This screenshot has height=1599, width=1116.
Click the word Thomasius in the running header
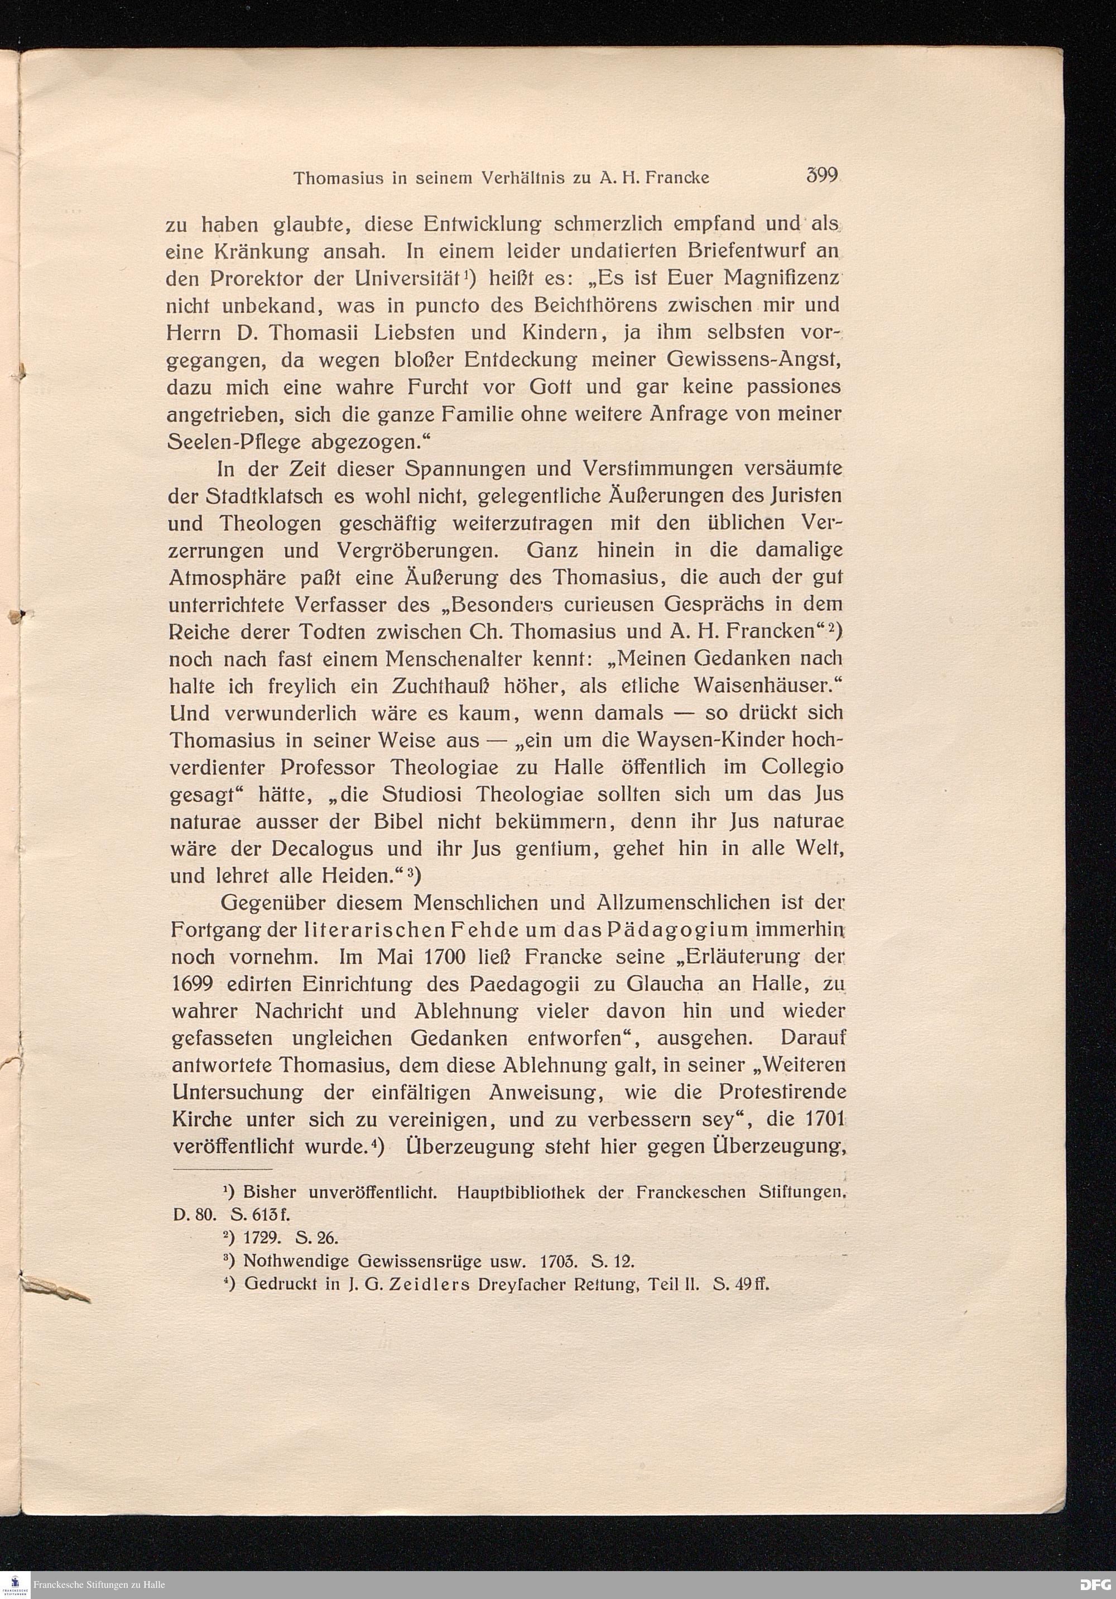[x=335, y=178]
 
